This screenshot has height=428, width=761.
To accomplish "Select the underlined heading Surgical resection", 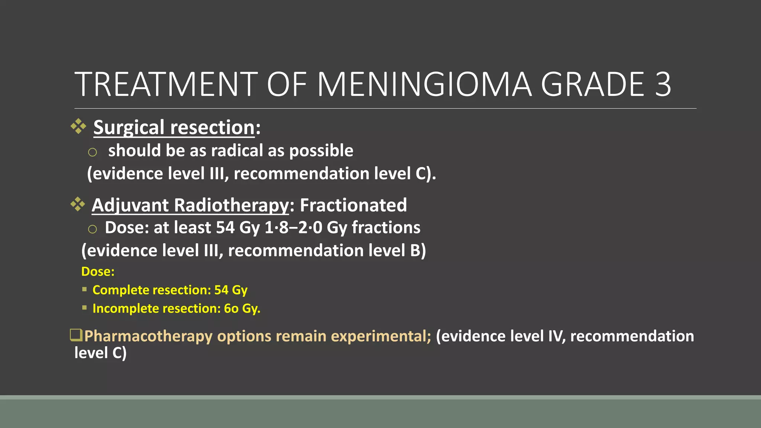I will pyautogui.click(x=174, y=128).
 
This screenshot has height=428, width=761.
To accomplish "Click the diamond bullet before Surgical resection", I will pyautogui.click(x=78, y=126).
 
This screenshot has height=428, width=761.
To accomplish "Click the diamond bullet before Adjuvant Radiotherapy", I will pyautogui.click(x=78, y=204).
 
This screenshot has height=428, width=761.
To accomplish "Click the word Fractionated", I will pyautogui.click(x=353, y=205).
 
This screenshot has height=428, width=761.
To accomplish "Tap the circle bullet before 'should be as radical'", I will pyautogui.click(x=93, y=152).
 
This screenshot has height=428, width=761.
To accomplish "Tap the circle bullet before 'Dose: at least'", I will pyautogui.click(x=93, y=229).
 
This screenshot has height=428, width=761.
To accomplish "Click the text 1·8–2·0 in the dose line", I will pyautogui.click(x=293, y=228).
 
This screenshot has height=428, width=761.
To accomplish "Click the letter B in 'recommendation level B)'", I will pyautogui.click(x=415, y=251).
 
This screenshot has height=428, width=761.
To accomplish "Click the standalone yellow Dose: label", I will pyautogui.click(x=98, y=272).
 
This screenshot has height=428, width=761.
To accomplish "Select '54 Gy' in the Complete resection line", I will pyautogui.click(x=231, y=290).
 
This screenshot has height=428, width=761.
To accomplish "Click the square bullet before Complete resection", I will pyautogui.click(x=84, y=289).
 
